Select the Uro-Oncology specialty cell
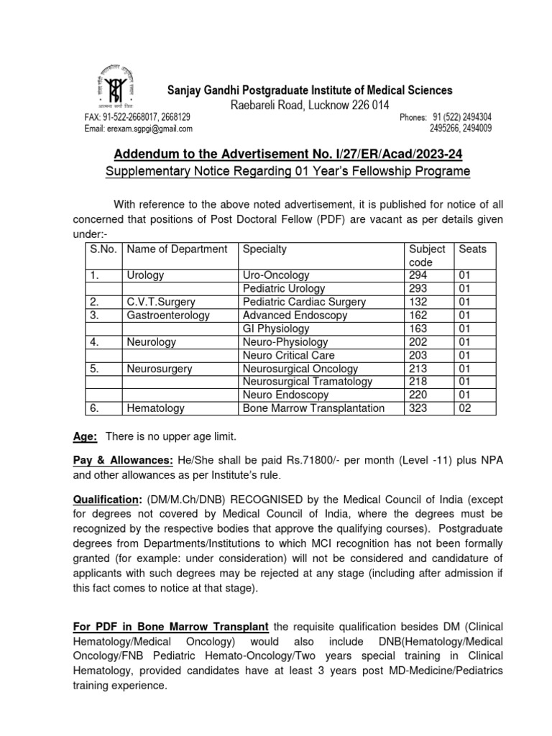276,275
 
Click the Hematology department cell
155,408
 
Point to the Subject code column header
427,256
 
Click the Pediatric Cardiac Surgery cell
298,302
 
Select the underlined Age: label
86,437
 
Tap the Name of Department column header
177,249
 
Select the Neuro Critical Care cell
288,355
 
